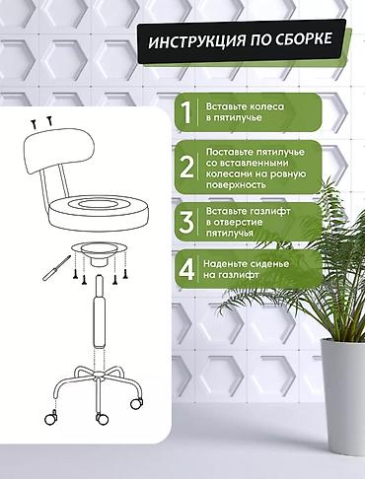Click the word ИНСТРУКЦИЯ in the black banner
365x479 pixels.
click(196, 41)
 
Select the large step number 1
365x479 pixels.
click(185, 112)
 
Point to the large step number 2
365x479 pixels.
click(186, 167)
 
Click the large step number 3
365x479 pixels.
click(186, 222)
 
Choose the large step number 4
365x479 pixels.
click(186, 269)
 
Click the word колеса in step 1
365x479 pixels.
click(266, 106)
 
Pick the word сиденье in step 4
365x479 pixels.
click(268, 264)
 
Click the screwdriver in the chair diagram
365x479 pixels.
click(57, 267)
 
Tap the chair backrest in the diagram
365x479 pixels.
click(59, 151)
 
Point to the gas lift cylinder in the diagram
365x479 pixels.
click(100, 312)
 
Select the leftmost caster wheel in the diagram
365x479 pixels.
click(51, 419)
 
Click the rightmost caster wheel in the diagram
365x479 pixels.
click(136, 403)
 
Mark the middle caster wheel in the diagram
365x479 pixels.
click(102, 419)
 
